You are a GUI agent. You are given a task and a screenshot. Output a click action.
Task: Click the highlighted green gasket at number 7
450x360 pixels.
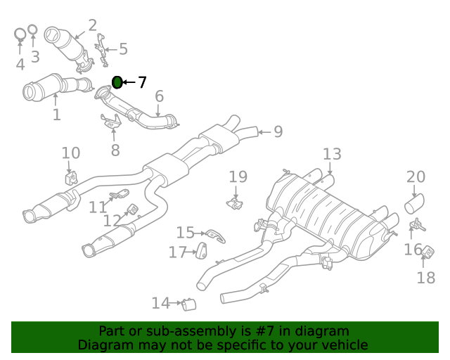(x=117, y=83)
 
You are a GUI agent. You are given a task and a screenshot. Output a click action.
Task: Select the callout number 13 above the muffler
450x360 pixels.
(x=332, y=154)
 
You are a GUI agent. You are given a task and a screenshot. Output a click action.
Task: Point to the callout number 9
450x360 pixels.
(x=278, y=131)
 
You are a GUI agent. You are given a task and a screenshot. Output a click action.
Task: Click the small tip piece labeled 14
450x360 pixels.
(x=188, y=304)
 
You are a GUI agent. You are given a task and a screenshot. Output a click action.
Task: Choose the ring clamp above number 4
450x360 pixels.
(x=20, y=33)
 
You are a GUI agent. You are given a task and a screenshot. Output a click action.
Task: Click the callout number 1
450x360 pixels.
(x=56, y=114)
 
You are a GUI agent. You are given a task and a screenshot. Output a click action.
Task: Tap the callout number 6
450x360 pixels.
(x=159, y=96)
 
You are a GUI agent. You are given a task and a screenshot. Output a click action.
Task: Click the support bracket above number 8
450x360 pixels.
(x=111, y=124)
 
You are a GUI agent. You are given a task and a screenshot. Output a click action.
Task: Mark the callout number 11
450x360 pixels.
(x=97, y=207)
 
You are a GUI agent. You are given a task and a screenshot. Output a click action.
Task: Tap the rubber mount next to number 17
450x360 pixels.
(x=200, y=250)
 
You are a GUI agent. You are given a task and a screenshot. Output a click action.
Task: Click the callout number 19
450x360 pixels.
(x=238, y=177)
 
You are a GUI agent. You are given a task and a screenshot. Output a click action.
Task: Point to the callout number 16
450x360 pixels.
(x=413, y=250)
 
